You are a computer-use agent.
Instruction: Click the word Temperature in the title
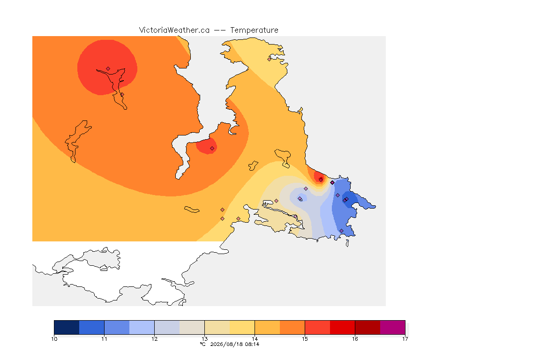254,30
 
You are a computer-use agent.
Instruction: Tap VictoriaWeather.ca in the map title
174,30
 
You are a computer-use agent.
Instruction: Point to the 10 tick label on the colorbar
54,339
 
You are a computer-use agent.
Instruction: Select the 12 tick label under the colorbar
154,339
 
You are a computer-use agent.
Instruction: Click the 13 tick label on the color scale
204,339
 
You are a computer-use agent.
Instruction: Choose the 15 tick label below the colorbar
305,339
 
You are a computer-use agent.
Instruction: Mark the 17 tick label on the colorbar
405,339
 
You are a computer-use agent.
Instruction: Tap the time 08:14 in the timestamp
252,344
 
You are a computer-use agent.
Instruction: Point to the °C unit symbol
203,344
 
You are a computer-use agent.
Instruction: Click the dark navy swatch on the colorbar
67,327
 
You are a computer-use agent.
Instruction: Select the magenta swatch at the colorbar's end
393,327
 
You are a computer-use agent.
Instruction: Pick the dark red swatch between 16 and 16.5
367,327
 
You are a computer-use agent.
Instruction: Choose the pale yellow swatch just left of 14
242,327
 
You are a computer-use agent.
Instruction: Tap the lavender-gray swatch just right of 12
167,327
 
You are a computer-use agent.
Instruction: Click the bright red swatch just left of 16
342,327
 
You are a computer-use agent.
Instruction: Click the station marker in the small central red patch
212,149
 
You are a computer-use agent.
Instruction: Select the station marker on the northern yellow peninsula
270,59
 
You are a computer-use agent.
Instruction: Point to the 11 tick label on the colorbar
104,339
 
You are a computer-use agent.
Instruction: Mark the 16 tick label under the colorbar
355,339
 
